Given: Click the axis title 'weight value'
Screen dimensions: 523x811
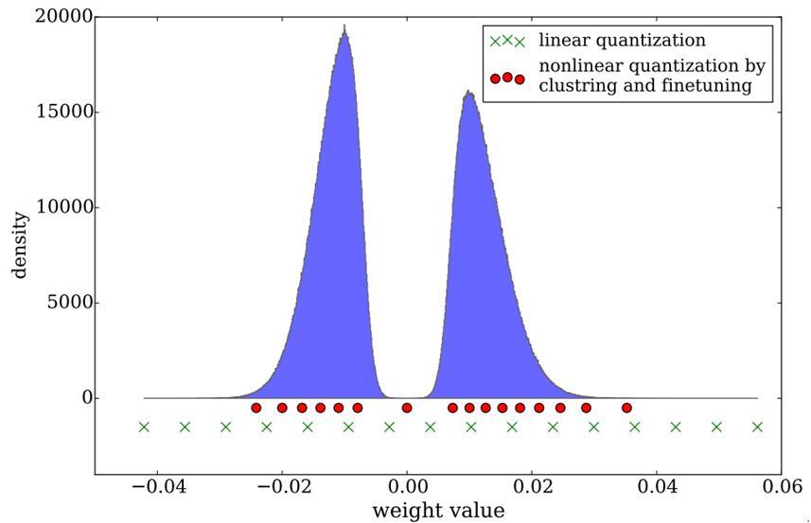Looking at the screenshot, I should (437, 511).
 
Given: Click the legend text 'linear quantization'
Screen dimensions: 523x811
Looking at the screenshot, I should (622, 41).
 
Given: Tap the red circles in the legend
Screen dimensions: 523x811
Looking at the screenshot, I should (506, 78).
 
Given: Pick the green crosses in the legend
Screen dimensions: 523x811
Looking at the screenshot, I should (506, 42).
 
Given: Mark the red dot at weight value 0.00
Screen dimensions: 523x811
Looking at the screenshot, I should (407, 408).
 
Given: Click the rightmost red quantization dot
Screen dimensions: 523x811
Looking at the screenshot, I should (626, 408).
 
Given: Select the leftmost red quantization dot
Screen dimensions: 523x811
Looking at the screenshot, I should (256, 408).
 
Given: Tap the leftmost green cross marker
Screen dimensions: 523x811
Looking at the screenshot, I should (144, 427).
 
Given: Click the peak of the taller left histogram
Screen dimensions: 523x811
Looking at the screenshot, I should (344, 27).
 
